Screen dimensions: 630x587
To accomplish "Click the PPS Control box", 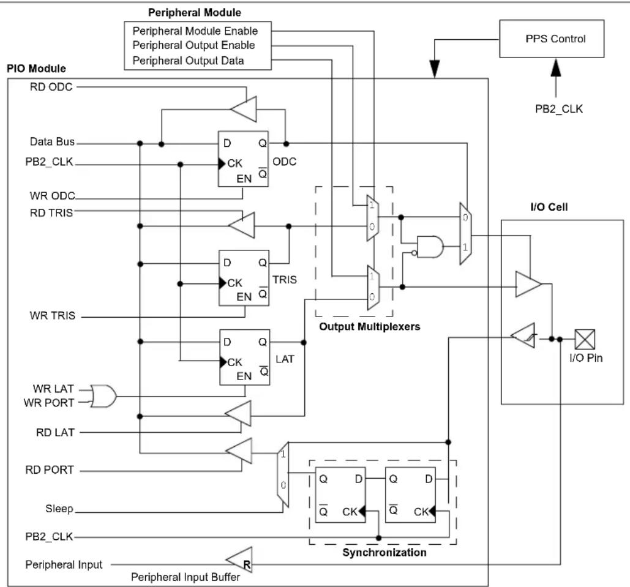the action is pyautogui.click(x=552, y=39).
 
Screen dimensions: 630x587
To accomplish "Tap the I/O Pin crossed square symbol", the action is pyautogui.click(x=585, y=339).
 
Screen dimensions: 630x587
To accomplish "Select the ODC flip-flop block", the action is pyautogui.click(x=243, y=159).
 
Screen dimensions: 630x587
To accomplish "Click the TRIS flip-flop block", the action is pyautogui.click(x=244, y=278).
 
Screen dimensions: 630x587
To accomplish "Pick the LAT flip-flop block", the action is pyautogui.click(x=245, y=357).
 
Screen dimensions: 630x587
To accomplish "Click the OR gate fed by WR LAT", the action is pyautogui.click(x=103, y=396).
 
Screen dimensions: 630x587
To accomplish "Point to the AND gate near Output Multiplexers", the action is pyautogui.click(x=430, y=246).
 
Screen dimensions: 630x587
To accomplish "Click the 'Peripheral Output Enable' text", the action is pyautogui.click(x=193, y=45).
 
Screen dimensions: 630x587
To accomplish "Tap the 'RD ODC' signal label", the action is pyautogui.click(x=51, y=87).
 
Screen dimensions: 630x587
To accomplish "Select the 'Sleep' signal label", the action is pyautogui.click(x=59, y=508).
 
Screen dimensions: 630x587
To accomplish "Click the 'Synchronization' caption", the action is pyautogui.click(x=384, y=553).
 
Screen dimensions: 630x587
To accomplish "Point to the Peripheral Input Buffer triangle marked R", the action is pyautogui.click(x=239, y=560).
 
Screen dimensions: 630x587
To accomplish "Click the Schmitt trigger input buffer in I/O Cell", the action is pyautogui.click(x=523, y=335).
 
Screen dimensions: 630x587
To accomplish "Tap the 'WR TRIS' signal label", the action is pyautogui.click(x=52, y=315).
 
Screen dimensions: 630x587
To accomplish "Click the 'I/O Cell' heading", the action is pyautogui.click(x=549, y=207).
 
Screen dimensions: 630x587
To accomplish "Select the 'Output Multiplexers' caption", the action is pyautogui.click(x=370, y=326).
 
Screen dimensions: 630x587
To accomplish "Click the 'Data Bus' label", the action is pyautogui.click(x=52, y=141).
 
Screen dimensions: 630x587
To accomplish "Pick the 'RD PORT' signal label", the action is pyautogui.click(x=50, y=469).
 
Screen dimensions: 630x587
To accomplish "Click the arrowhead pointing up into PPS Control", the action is pyautogui.click(x=556, y=67).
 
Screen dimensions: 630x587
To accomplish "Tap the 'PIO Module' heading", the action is pyautogui.click(x=36, y=69).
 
